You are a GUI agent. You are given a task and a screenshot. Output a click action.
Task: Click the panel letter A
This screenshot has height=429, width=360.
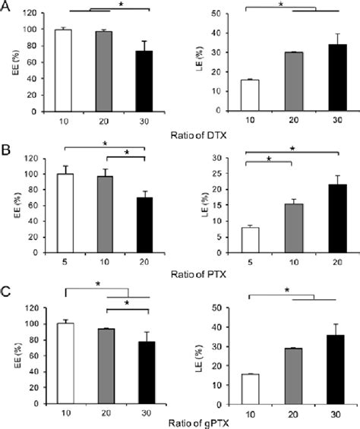(x=7, y=8)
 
